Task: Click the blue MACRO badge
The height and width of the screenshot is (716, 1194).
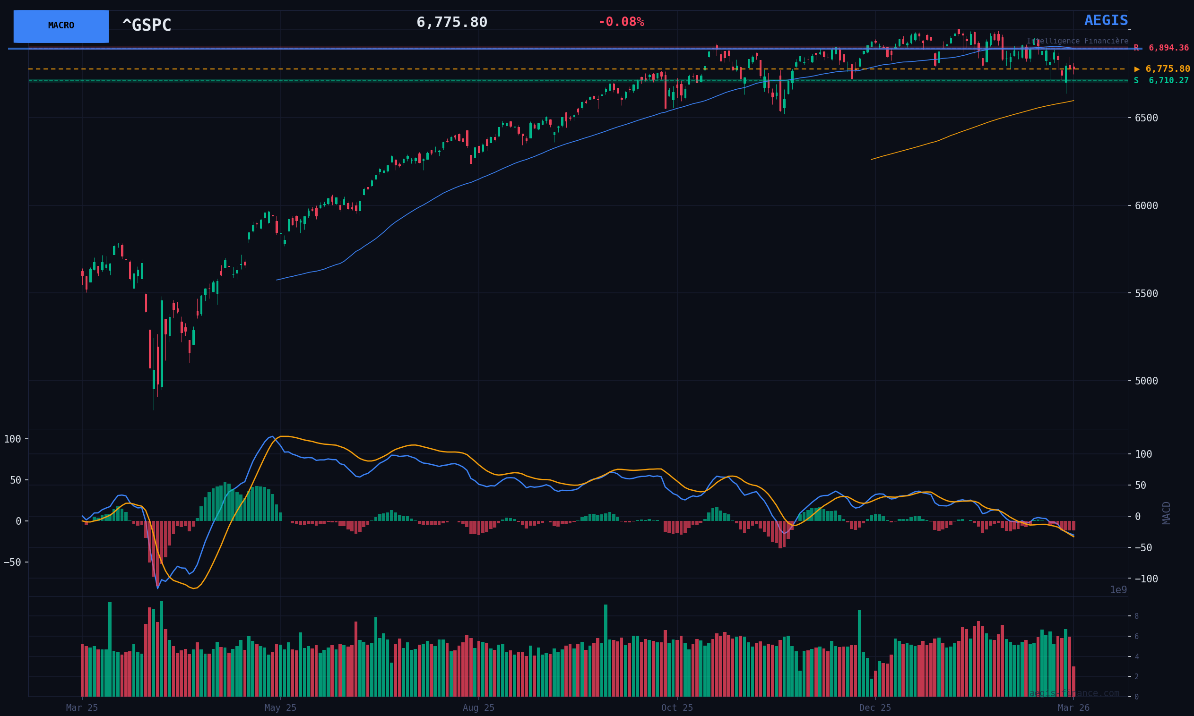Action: (61, 26)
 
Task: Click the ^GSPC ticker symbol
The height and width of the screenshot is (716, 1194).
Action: (147, 26)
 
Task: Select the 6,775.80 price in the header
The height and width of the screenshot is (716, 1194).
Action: (451, 23)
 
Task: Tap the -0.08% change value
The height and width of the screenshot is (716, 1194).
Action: (621, 22)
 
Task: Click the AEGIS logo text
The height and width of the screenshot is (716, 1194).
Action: (1106, 21)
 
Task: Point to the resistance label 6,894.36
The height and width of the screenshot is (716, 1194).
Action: (1168, 48)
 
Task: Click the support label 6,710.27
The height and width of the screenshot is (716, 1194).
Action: (1168, 81)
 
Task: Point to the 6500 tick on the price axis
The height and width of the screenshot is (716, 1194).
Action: (1146, 118)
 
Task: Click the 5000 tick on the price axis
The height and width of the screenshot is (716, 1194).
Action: (1146, 381)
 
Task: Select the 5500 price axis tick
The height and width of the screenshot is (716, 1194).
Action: (1146, 293)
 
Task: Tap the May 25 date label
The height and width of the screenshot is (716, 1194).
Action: (280, 708)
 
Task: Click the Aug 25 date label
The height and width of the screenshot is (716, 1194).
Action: (478, 708)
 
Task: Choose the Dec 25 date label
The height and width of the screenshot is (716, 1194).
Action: (875, 708)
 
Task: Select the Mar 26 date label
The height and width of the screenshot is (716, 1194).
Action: (1073, 708)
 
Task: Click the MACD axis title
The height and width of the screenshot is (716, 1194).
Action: (1167, 513)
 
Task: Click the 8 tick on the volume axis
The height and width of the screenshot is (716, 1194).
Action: (1136, 616)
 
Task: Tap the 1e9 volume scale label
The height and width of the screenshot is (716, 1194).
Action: (1118, 590)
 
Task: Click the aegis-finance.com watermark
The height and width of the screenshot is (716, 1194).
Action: (1074, 693)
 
